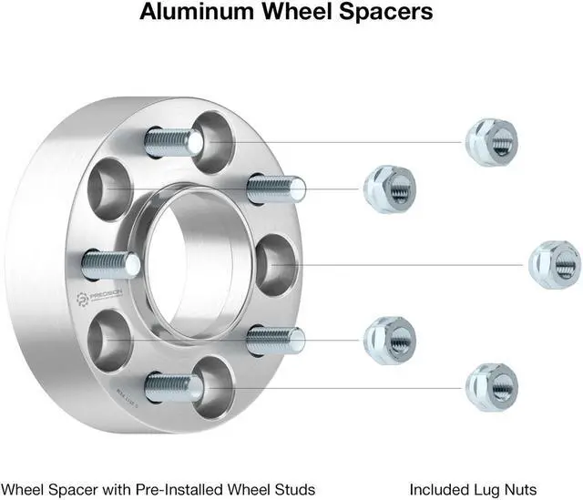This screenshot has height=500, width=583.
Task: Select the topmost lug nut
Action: pyautogui.click(x=491, y=142)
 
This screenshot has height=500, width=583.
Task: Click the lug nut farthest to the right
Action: pyautogui.click(x=555, y=264)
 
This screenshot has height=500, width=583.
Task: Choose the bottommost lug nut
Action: pyautogui.click(x=491, y=387)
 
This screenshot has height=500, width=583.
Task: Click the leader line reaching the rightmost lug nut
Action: pyautogui.click(x=410, y=264)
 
